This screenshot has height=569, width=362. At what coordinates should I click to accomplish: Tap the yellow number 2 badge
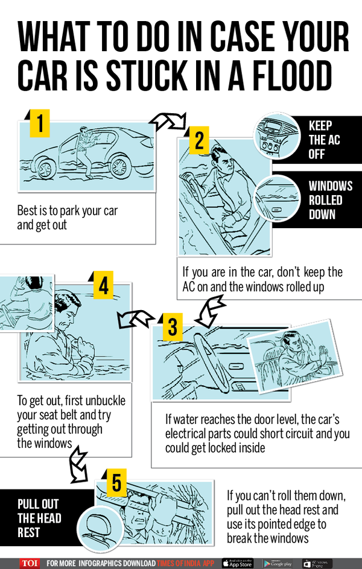click(199, 141)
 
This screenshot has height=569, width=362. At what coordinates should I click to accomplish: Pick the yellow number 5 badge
click(117, 483)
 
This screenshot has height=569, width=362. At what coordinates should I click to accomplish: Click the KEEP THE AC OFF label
click(326, 140)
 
